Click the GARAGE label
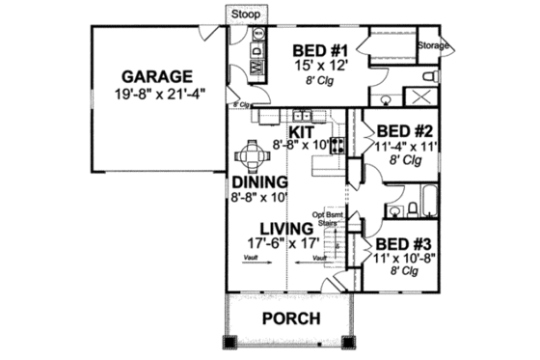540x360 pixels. click(x=157, y=76)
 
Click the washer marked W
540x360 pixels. click(x=257, y=67)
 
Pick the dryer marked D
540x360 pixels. click(x=257, y=48)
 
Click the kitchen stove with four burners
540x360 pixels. click(x=337, y=146)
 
